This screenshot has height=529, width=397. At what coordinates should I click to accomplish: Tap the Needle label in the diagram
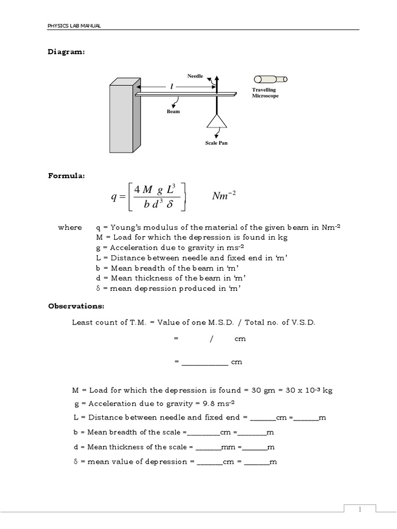pyautogui.click(x=195, y=76)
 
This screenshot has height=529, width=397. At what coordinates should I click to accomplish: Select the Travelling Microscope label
pyautogui.click(x=265, y=93)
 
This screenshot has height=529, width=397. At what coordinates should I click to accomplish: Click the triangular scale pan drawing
pyautogui.click(x=217, y=121)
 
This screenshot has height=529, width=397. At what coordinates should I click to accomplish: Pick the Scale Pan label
pyautogui.click(x=216, y=143)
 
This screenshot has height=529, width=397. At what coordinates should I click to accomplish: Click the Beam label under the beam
pyautogui.click(x=173, y=111)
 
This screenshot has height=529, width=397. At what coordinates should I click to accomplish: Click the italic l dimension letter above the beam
pyautogui.click(x=171, y=86)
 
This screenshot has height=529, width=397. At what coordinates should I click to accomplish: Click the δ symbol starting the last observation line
pyautogui.click(x=76, y=461)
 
